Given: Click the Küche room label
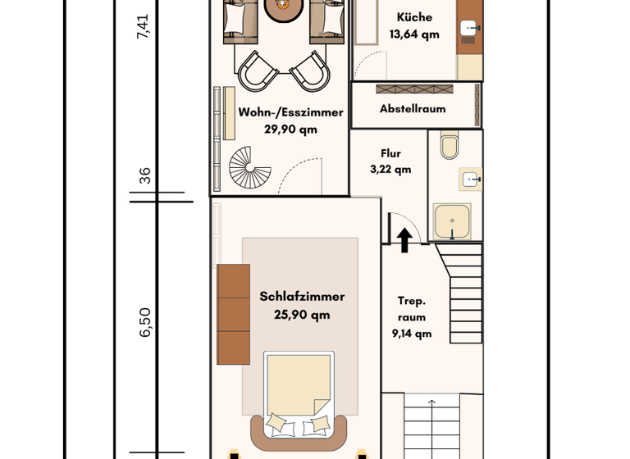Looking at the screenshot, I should (414, 17).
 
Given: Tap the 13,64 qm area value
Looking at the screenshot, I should (414, 34).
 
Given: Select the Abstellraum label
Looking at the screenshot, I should (413, 109).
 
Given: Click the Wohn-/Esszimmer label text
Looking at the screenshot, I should (290, 112).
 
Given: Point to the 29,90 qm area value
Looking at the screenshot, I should (290, 130).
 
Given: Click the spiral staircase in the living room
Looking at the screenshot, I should (249, 167).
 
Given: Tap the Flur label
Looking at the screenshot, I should (390, 153).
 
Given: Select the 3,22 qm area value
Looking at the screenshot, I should (390, 170).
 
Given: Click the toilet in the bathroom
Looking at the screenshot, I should (450, 146).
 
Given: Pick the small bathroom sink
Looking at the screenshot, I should (471, 179).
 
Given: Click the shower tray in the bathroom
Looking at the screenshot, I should (452, 221).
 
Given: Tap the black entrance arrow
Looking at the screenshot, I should (404, 239).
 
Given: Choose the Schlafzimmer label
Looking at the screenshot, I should (302, 297).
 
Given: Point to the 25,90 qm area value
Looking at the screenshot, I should (302, 314).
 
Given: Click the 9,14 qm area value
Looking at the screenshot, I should (412, 334).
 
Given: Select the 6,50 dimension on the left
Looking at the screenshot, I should (145, 322).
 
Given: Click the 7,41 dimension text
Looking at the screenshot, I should (143, 26).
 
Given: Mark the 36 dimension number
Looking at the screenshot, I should (145, 175).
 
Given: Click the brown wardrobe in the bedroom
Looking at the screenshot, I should (233, 314).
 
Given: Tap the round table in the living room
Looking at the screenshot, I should (283, 8).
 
